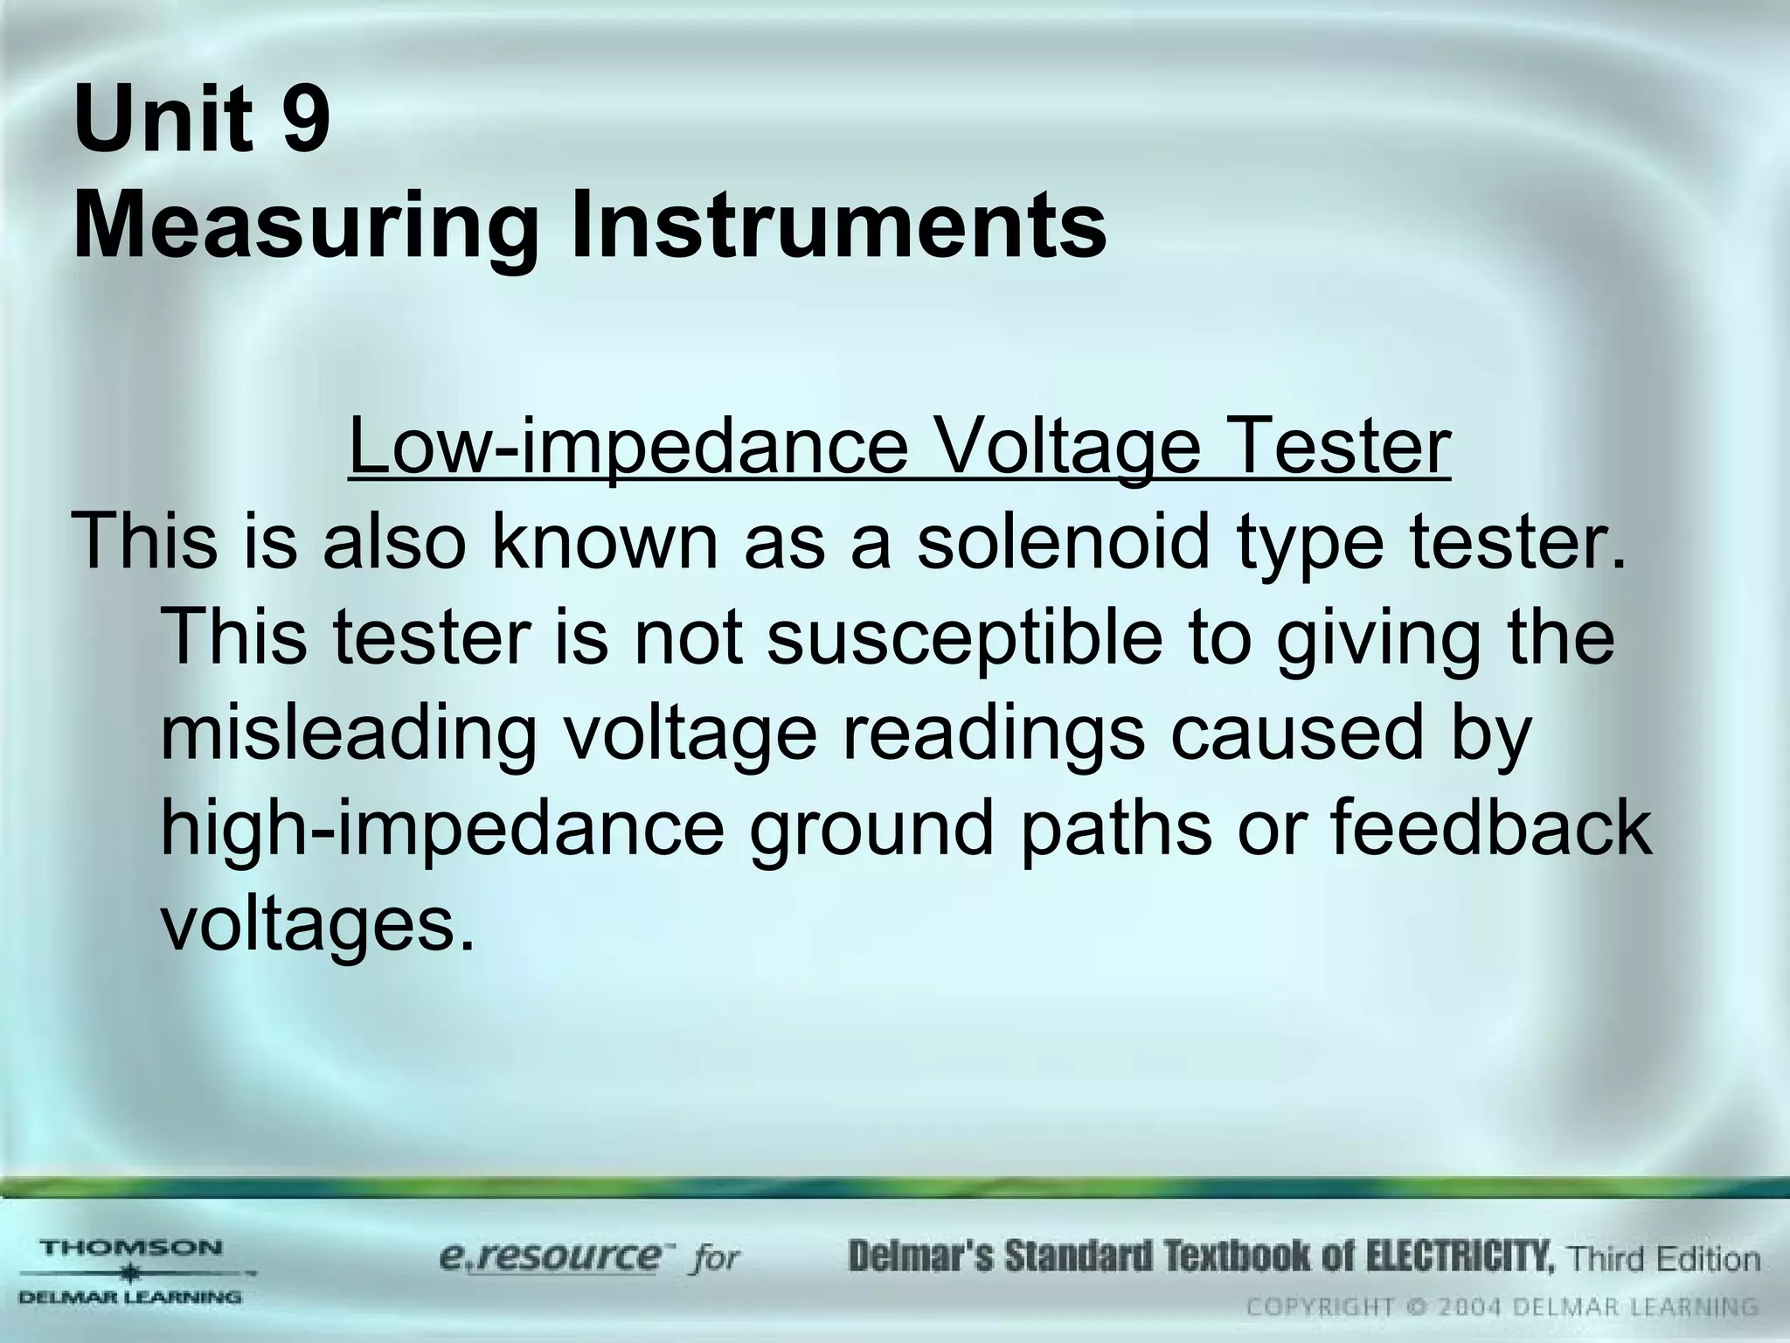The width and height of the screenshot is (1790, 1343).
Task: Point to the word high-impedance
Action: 442,829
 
